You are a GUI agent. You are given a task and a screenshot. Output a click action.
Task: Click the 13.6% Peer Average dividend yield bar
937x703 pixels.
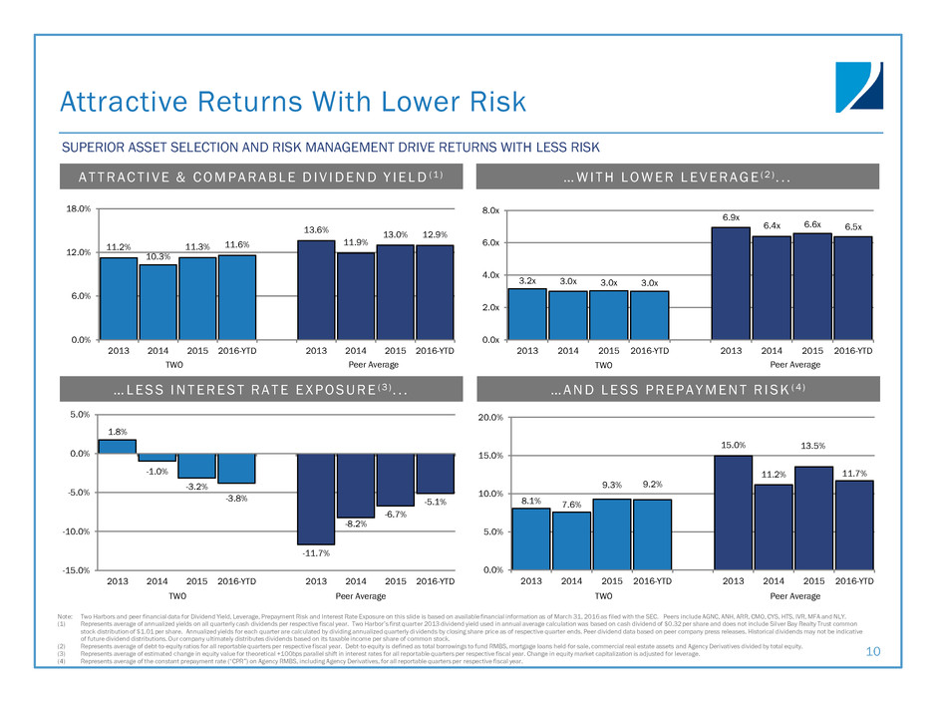pos(316,289)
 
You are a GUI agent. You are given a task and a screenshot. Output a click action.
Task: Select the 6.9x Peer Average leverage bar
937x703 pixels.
pos(730,283)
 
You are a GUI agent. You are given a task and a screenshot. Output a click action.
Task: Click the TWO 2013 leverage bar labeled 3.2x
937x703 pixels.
pos(527,314)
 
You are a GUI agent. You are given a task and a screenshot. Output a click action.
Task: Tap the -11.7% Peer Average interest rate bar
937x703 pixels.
pos(316,499)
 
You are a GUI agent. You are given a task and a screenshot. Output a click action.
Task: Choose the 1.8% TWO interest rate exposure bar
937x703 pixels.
pos(117,446)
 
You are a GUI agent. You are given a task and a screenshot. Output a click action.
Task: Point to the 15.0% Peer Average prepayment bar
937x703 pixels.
pos(732,513)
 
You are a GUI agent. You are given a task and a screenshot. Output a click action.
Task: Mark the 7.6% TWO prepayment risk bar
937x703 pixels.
pos(570,540)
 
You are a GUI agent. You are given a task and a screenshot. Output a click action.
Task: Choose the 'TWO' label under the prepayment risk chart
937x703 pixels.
pos(591,595)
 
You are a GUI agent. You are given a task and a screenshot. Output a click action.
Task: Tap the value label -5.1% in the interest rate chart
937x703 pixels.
pos(437,503)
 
